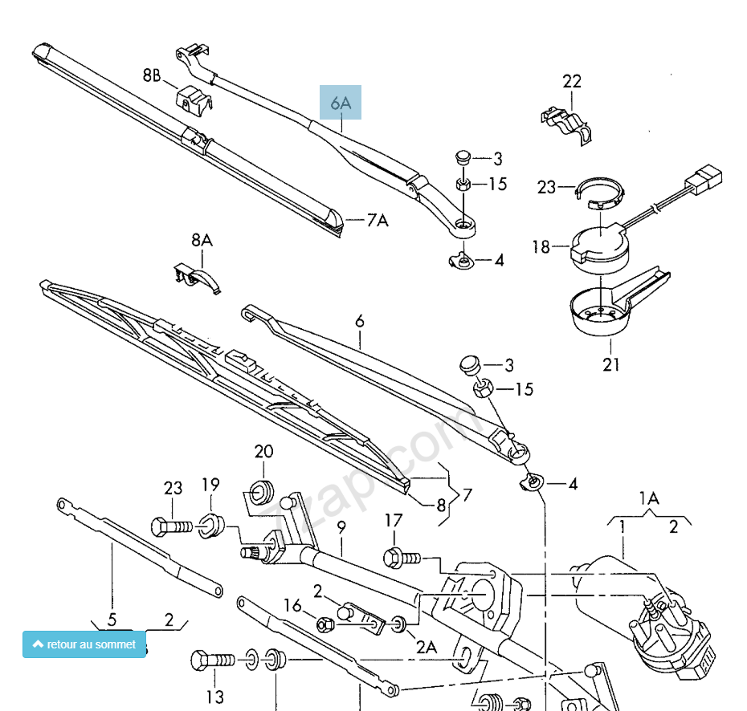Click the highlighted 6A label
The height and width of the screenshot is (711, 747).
pos(341,103)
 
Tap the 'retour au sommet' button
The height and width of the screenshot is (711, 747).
pos(84,644)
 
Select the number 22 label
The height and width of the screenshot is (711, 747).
pos(572,81)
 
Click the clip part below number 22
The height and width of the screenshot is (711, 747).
pos(565,120)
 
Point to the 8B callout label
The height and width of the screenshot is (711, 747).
pos(152,76)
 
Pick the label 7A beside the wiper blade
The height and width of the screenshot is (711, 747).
pos(377,220)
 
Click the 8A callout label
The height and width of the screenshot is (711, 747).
pos(202,240)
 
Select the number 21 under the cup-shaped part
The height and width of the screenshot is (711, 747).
pos(611,365)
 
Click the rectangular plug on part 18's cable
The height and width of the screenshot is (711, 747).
pos(705,178)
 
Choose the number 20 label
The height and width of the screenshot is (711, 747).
pos(264,452)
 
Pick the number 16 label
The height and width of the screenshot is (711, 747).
pos(294,605)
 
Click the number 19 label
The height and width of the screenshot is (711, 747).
pos(210,485)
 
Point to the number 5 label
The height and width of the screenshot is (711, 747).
pos(112,619)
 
